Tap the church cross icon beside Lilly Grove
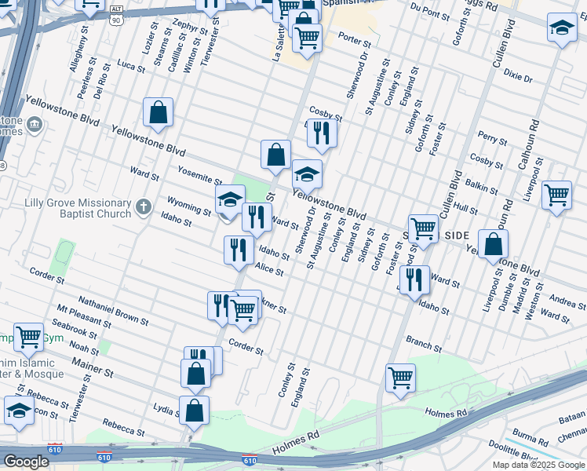tap(143, 206)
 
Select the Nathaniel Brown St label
tap(113, 311)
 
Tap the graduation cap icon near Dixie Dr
tap(561, 29)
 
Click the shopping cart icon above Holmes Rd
tap(400, 378)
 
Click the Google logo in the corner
tap(26, 462)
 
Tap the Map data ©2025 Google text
tap(538, 465)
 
